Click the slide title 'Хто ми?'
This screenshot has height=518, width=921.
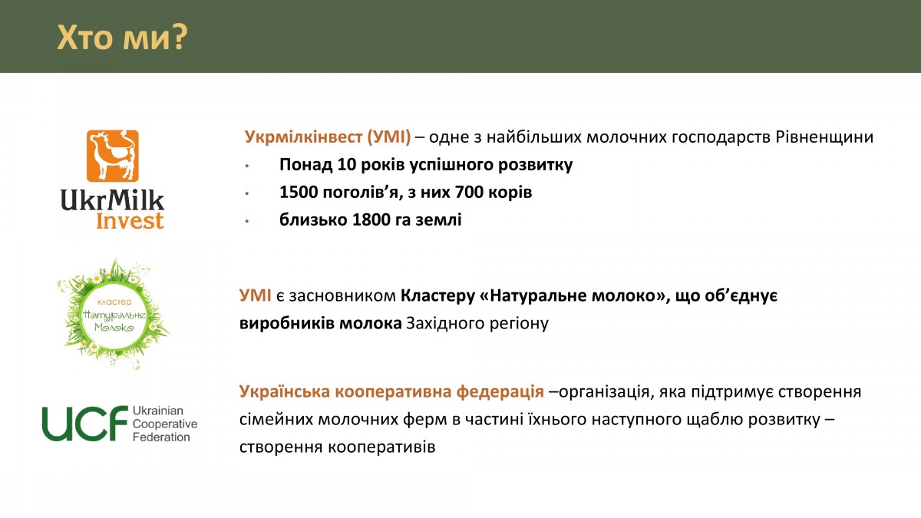tap(122, 38)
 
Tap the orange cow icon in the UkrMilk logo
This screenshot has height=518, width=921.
tap(112, 156)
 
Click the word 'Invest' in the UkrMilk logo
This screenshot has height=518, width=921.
tap(130, 221)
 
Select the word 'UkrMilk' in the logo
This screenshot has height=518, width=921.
tap(112, 200)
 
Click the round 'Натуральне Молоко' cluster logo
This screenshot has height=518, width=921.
tap(113, 315)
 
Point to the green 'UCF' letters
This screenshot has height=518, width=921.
tap(85, 424)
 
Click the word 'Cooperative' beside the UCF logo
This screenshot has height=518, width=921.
tap(165, 424)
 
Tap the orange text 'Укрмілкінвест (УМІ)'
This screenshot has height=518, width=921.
tap(328, 137)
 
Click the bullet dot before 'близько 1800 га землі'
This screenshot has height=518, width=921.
tap(247, 221)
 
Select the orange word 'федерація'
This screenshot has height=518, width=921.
tap(500, 392)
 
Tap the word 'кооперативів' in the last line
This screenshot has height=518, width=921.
tap(381, 447)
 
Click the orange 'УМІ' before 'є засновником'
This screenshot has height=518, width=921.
tap(255, 295)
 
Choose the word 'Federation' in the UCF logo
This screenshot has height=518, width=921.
tap(161, 437)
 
